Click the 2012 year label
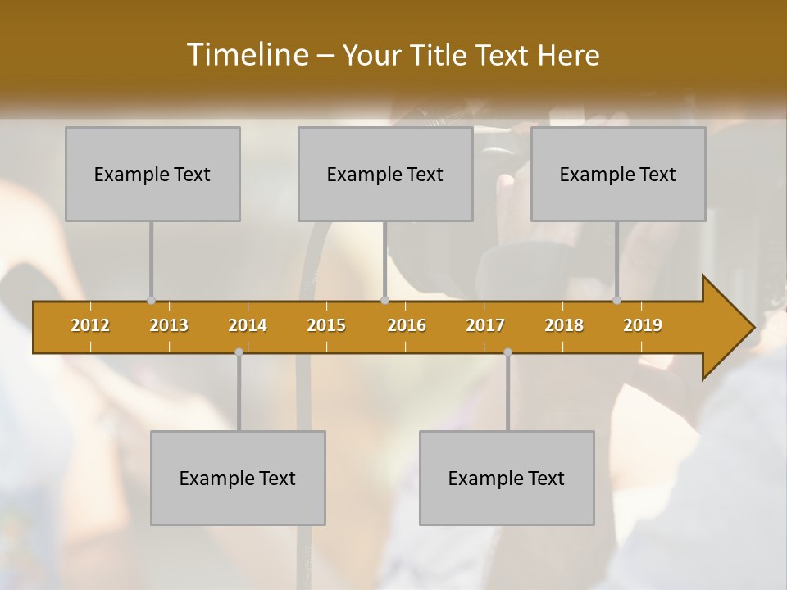pos(90,325)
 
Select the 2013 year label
pos(169,325)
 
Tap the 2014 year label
pos(248,325)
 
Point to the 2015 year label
pos(326,325)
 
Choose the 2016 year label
pos(407,325)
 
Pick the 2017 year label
pos(485,325)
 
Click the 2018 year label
pos(564,325)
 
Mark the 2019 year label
pos(643,325)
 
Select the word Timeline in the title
pos(246,55)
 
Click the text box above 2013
pos(152,174)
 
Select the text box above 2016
pos(385,174)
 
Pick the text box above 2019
pos(618,174)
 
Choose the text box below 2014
pos(238,478)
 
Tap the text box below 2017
pos(507,478)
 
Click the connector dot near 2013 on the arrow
pos(151,301)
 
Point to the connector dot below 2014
pos(239,352)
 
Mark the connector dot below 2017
pos(507,352)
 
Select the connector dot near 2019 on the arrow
pos(616,301)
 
